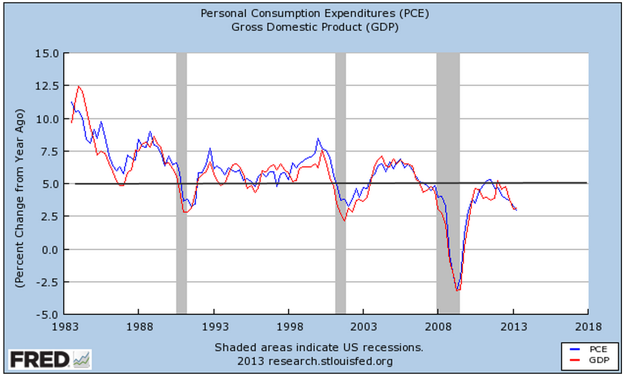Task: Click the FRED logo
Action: click(x=49, y=359)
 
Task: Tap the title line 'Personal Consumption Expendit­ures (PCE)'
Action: click(x=313, y=13)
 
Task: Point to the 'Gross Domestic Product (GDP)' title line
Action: click(x=313, y=27)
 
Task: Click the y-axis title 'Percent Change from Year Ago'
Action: click(x=19, y=184)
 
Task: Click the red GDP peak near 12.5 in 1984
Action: click(x=79, y=86)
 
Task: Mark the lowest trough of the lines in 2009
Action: click(x=458, y=290)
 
